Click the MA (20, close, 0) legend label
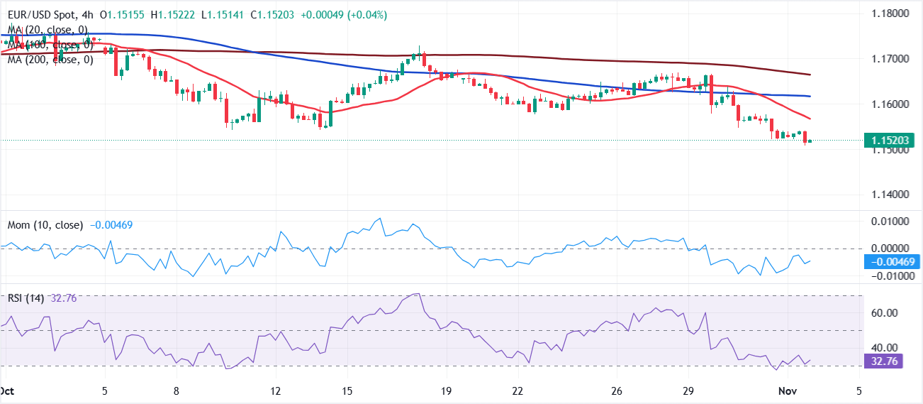[48, 29]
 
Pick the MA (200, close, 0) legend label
[50, 60]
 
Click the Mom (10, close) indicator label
[45, 225]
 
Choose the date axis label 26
[617, 391]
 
